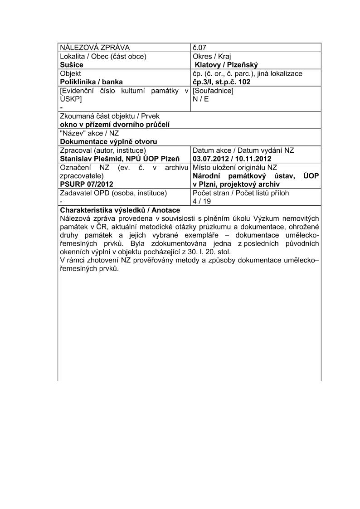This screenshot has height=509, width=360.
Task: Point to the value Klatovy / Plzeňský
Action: (226, 65)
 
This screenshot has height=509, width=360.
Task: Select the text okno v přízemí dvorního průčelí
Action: (115, 125)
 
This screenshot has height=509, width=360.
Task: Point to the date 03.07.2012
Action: (211, 159)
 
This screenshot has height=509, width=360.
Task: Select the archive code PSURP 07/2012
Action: (87, 184)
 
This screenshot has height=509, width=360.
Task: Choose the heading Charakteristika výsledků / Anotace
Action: (120, 210)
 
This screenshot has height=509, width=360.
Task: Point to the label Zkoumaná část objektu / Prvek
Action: (109, 116)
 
